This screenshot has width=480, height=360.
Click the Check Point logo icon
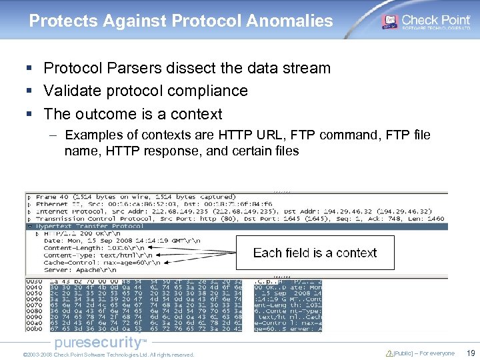tap(389, 21)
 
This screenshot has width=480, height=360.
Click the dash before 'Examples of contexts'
tap(53, 135)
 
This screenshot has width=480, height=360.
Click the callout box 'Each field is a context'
tap(315, 253)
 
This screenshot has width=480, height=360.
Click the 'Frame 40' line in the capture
tap(133, 197)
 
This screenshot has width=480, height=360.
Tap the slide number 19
tap(471, 353)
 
